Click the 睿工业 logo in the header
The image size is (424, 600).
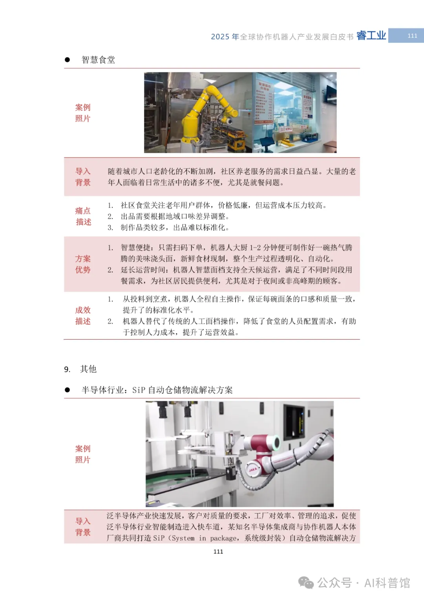[x=371, y=36]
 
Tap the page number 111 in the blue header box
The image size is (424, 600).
[x=412, y=36]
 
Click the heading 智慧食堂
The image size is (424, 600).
[x=98, y=60]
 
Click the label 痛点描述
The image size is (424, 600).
[x=83, y=217]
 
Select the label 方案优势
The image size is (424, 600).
[x=83, y=264]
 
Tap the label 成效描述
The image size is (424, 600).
[x=83, y=316]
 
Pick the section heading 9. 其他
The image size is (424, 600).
[x=80, y=369]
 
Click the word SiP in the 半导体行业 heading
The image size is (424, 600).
[x=139, y=390]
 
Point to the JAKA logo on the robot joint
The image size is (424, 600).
[x=253, y=469]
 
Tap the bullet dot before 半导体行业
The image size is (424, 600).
[x=67, y=390]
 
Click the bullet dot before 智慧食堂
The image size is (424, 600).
[x=67, y=60]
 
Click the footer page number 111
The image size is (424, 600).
[x=218, y=552]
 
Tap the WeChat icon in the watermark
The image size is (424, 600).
[x=306, y=583]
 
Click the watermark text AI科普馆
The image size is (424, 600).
[x=387, y=583]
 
